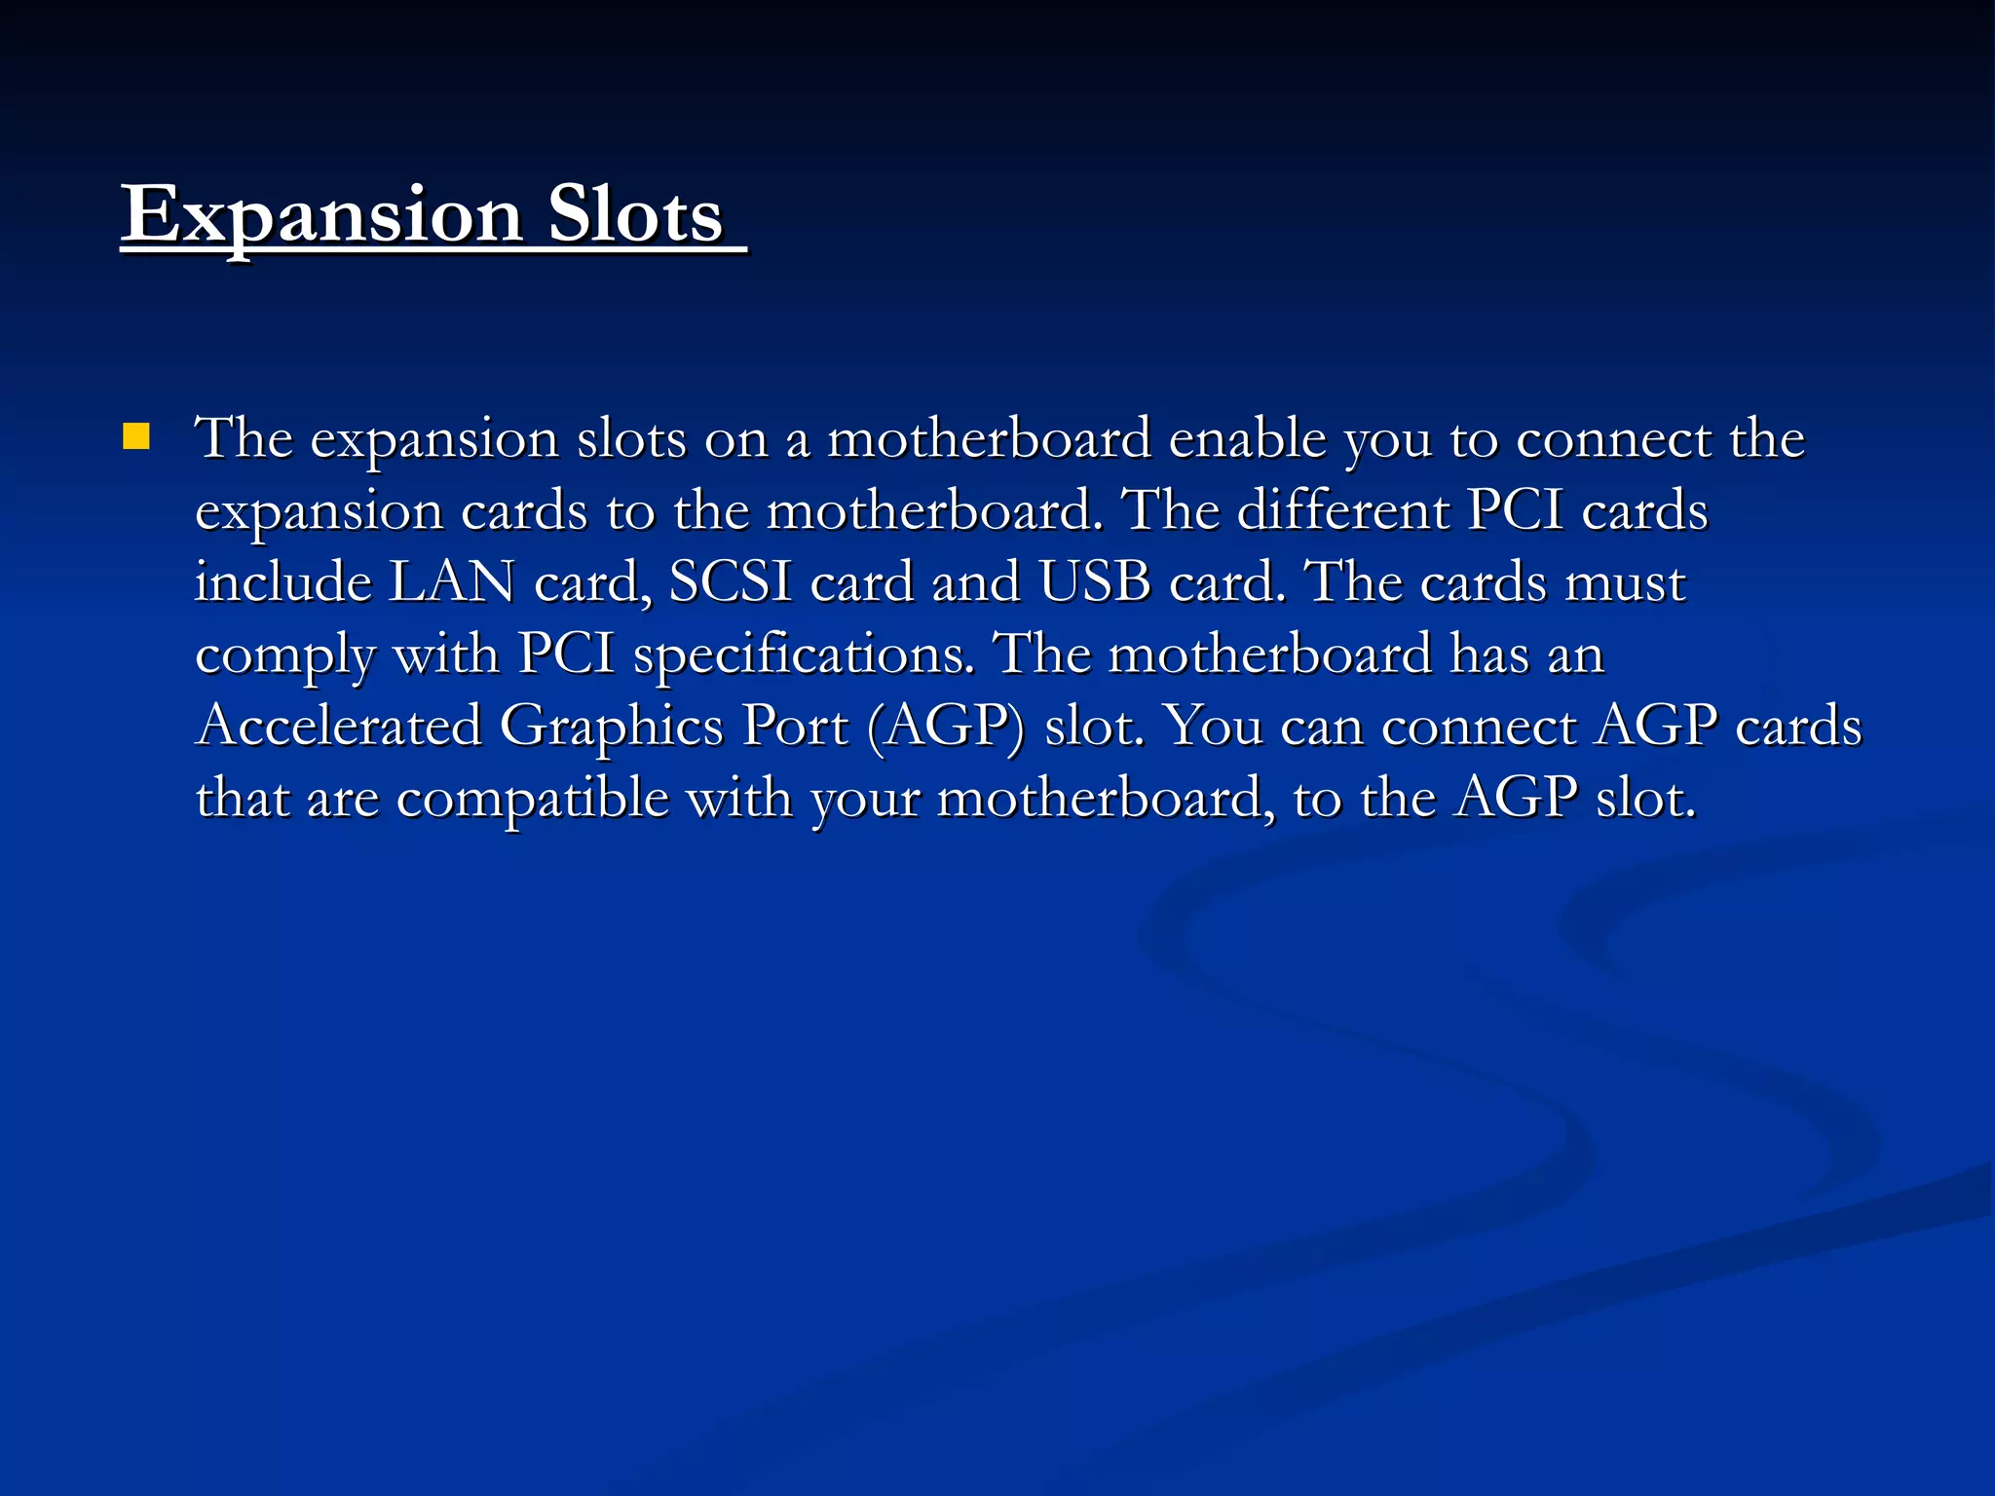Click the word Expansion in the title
click(x=322, y=215)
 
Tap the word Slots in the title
click(x=635, y=215)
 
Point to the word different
click(x=1343, y=510)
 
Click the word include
click(x=283, y=582)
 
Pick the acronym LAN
click(x=452, y=582)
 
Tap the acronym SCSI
click(x=731, y=582)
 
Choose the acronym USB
click(x=1095, y=582)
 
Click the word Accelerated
click(x=339, y=727)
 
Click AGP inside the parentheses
click(x=946, y=727)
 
